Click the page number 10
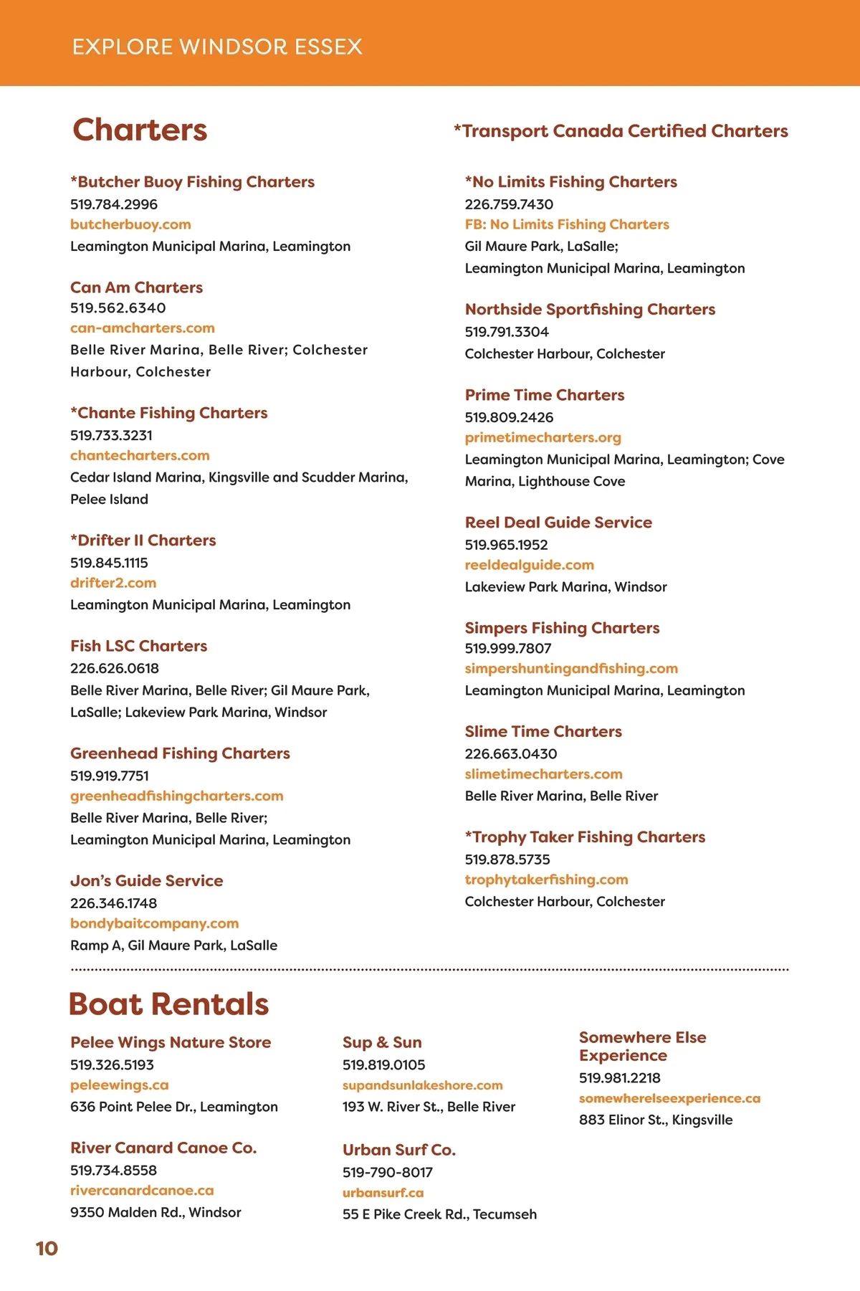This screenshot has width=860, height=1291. [47, 1248]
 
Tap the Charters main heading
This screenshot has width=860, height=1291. [140, 130]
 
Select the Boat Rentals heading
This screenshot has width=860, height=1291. [168, 1004]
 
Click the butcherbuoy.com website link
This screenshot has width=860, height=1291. [130, 224]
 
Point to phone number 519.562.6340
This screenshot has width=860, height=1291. [118, 308]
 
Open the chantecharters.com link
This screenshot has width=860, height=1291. [140, 455]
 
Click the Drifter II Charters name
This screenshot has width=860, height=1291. [143, 540]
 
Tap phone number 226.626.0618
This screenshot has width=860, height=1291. [115, 668]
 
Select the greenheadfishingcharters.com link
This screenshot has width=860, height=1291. [177, 796]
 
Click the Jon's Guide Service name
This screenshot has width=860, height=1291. [146, 881]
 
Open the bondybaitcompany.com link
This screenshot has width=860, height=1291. [154, 923]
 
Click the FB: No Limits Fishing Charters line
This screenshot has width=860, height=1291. [567, 224]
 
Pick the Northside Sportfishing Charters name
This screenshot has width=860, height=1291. [590, 309]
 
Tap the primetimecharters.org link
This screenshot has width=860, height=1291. [543, 437]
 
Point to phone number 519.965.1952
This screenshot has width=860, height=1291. [506, 545]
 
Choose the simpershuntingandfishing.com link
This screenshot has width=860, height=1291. [571, 668]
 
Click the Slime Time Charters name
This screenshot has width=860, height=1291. [543, 731]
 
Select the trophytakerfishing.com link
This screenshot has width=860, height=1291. [546, 880]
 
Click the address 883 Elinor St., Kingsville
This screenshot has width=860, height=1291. [656, 1120]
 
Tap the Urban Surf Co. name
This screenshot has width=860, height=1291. [399, 1150]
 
